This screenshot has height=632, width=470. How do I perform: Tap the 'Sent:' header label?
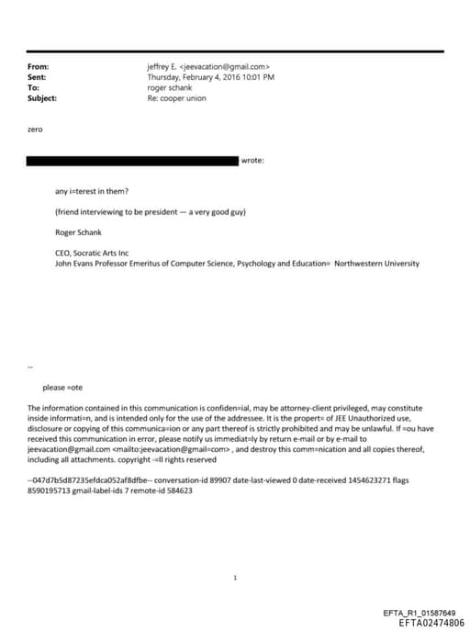(x=38, y=77)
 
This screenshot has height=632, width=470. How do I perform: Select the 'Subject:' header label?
(x=42, y=97)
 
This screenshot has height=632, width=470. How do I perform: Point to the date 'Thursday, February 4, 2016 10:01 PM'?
(x=210, y=77)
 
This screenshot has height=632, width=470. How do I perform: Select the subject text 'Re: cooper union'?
(x=174, y=97)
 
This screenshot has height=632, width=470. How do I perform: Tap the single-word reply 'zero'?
(x=36, y=130)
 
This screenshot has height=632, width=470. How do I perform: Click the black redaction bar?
(x=133, y=161)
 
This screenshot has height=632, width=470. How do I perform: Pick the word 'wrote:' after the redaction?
(x=252, y=161)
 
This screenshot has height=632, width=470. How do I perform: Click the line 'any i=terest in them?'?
(x=92, y=191)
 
